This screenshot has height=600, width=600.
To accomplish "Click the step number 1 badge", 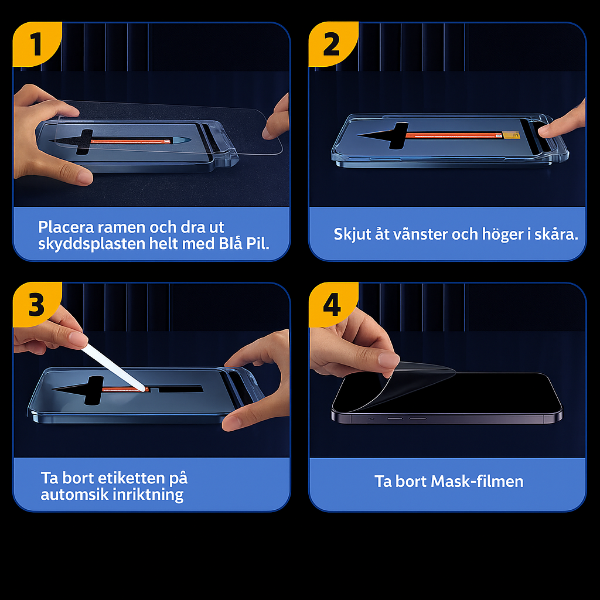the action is pyautogui.click(x=36, y=44).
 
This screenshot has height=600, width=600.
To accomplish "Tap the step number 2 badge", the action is pyautogui.click(x=332, y=44).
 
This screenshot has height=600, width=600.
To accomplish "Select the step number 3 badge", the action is pyautogui.click(x=36, y=305).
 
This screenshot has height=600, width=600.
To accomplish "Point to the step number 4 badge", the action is pyautogui.click(x=332, y=305).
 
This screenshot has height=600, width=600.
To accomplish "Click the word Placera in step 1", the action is pyautogui.click(x=66, y=227).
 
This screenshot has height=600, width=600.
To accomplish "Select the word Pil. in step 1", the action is pyautogui.click(x=258, y=243).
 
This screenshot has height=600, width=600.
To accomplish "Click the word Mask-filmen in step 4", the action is pyautogui.click(x=477, y=482).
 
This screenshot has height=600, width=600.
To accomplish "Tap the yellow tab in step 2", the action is pyautogui.click(x=511, y=135).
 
